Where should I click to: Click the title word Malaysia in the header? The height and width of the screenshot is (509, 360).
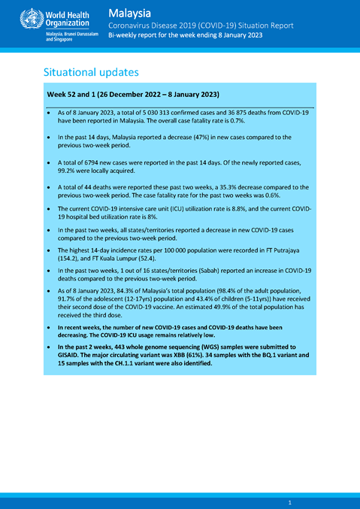tap(130, 13)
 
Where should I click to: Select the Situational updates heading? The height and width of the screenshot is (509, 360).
tap(91, 73)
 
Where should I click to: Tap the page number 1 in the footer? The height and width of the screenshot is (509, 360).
tap(289, 501)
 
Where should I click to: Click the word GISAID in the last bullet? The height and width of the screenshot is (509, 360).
tap(61, 356)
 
